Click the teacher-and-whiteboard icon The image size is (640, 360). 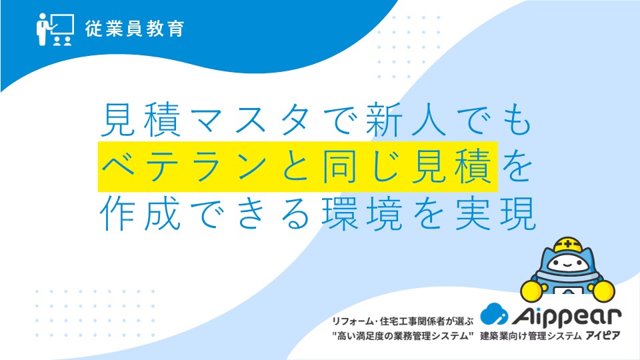pyautogui.click(x=55, y=29)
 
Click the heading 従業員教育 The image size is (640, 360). pyautogui.click(x=135, y=29)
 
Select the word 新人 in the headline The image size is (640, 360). pyautogui.click(x=407, y=121)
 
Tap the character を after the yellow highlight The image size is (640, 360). pyautogui.click(x=517, y=167)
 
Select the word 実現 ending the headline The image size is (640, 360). pyautogui.click(x=495, y=213)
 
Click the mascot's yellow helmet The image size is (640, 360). pyautogui.click(x=568, y=245)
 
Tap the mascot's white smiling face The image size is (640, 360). pyautogui.click(x=568, y=264)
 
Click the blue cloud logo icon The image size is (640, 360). pyautogui.click(x=494, y=314)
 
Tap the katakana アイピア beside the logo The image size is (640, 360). pyautogui.click(x=603, y=336)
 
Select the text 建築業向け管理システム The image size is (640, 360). pyautogui.click(x=531, y=336)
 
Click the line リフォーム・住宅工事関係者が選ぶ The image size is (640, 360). pyautogui.click(x=403, y=321)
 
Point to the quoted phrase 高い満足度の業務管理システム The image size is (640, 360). pyautogui.click(x=403, y=336)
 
